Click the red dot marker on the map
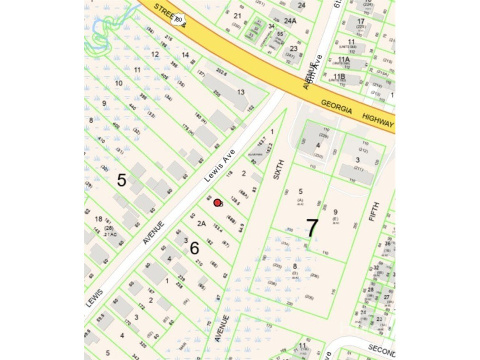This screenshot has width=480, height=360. pyautogui.click(x=217, y=202)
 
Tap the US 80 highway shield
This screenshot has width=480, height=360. pyautogui.click(x=178, y=20)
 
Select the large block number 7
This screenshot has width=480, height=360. pyautogui.click(x=311, y=228)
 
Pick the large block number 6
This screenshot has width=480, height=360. pyautogui.click(x=194, y=248)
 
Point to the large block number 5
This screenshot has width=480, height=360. pyautogui.click(x=122, y=181)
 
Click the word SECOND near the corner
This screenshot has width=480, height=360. pyautogui.click(x=381, y=349)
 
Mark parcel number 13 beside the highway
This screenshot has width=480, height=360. pyautogui.click(x=241, y=92)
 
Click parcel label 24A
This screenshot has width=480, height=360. pyautogui.click(x=290, y=21)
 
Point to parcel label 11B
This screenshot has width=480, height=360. pyautogui.click(x=339, y=76)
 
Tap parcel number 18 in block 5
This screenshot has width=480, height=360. pyautogui.click(x=98, y=219)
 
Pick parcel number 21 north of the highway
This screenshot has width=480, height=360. pyautogui.click(x=238, y=15)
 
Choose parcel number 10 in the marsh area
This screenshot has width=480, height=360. pyautogui.click(x=119, y=83)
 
